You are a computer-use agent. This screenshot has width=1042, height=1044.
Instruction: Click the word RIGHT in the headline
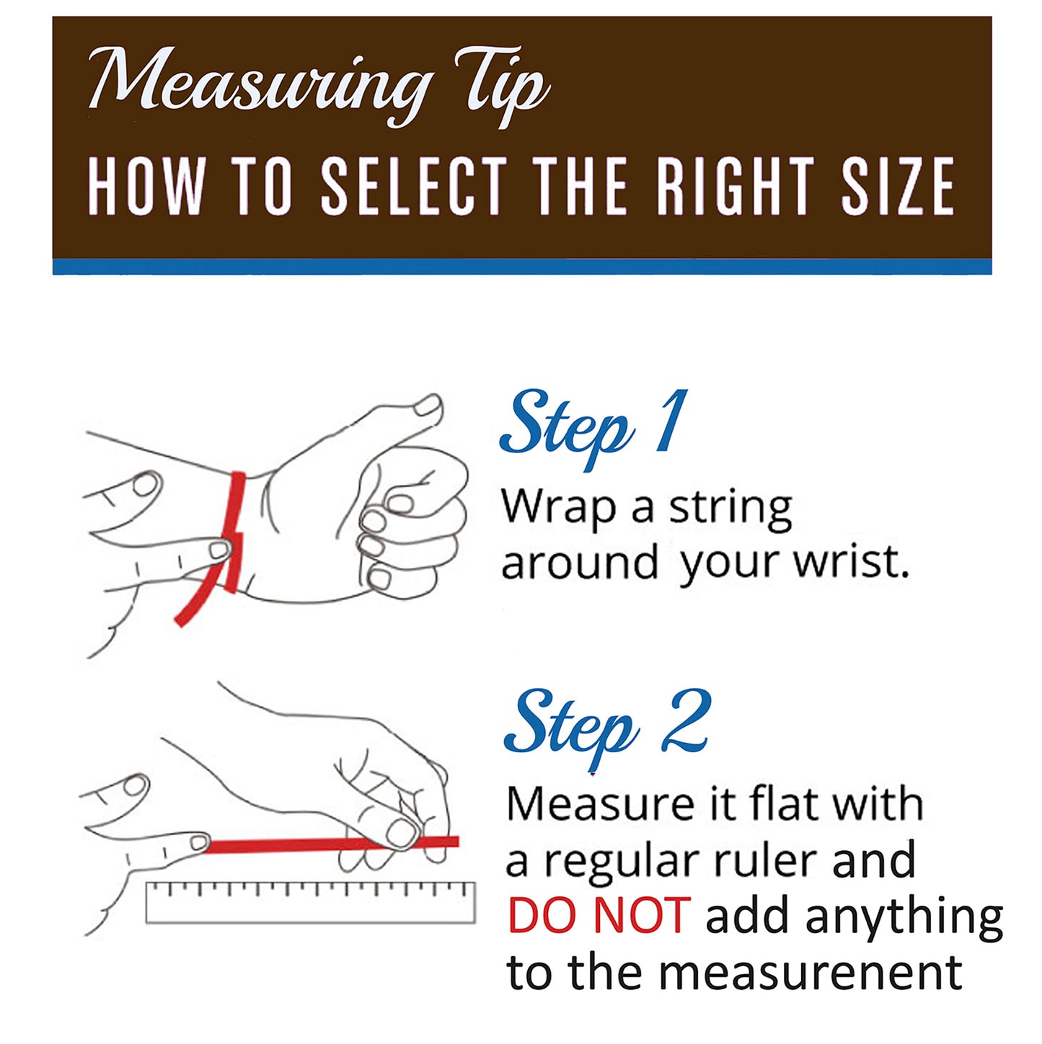click(x=731, y=186)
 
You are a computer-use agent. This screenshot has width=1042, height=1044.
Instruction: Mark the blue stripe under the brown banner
click(x=522, y=266)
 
